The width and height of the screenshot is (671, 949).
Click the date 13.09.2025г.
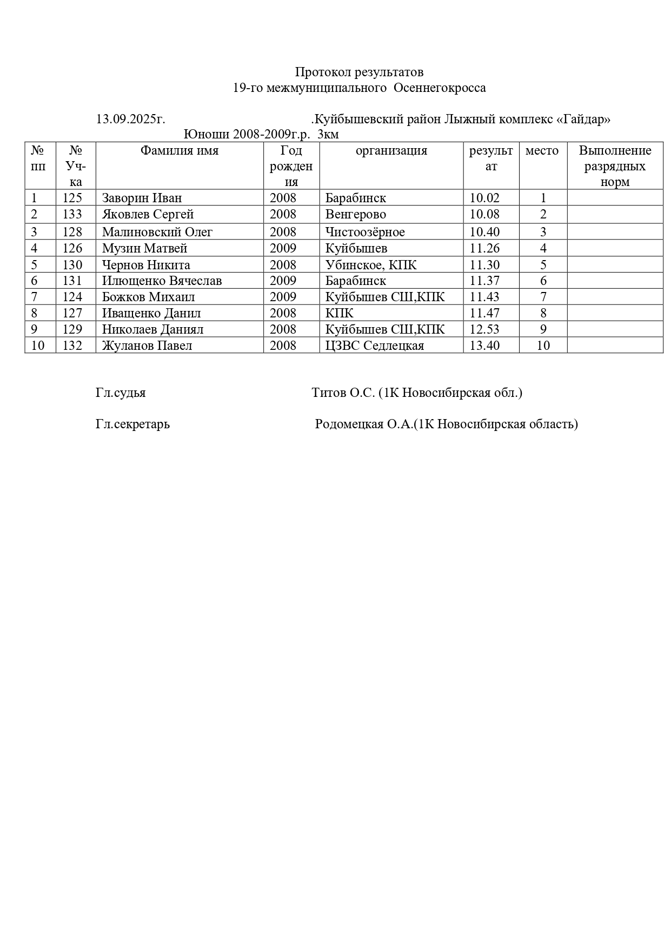pyautogui.click(x=130, y=119)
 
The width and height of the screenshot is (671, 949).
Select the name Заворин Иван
pyautogui.click(x=142, y=198)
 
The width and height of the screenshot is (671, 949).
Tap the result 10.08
pyautogui.click(x=484, y=214)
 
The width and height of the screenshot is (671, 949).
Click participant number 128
pyautogui.click(x=72, y=232)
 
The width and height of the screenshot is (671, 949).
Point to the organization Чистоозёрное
pyautogui.click(x=365, y=232)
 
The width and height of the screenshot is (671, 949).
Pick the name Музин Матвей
pyautogui.click(x=144, y=248)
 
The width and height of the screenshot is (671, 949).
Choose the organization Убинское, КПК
pyautogui.click(x=371, y=265)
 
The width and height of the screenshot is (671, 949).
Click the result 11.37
pyautogui.click(x=484, y=281)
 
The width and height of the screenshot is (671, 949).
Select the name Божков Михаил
pyautogui.click(x=148, y=297)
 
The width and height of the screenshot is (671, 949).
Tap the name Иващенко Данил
pyautogui.click(x=151, y=313)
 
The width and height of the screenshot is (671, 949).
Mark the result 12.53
pyautogui.click(x=484, y=329)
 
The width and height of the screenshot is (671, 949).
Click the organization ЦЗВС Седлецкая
pyautogui.click(x=375, y=346)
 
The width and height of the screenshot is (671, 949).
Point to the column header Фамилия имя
pyautogui.click(x=180, y=151)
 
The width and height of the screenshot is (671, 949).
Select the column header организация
pyautogui.click(x=391, y=151)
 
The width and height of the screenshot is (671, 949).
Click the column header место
pyautogui.click(x=542, y=151)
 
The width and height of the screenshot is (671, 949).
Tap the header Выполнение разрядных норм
pyautogui.click(x=615, y=166)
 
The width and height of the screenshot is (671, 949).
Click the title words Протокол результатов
pyautogui.click(x=359, y=72)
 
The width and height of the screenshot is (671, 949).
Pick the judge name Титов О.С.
pyautogui.click(x=343, y=393)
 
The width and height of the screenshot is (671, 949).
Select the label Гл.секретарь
pyautogui.click(x=132, y=424)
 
